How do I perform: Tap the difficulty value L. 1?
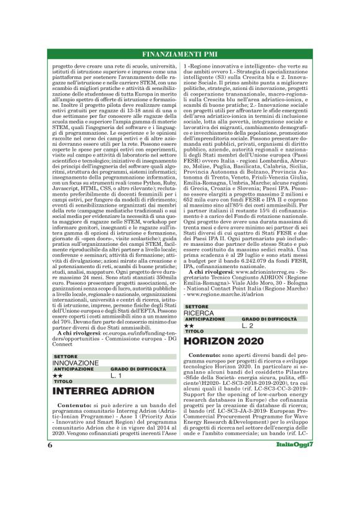(117, 376)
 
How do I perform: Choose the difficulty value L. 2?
(247, 325)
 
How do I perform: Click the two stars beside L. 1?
(57, 376)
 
